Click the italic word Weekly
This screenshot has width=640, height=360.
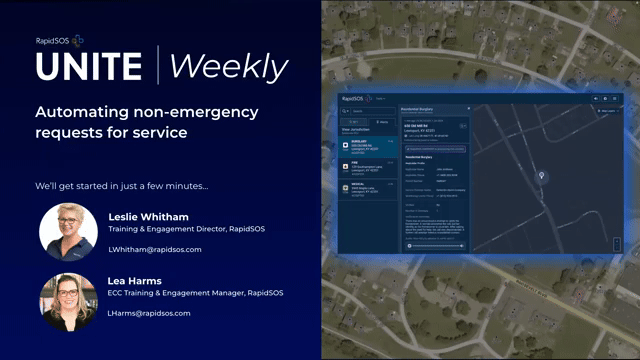pyautogui.click(x=228, y=66)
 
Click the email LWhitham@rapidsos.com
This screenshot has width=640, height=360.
pyautogui.click(x=155, y=249)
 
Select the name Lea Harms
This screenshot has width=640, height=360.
pyautogui.click(x=136, y=279)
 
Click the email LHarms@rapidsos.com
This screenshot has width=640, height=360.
pyautogui.click(x=149, y=313)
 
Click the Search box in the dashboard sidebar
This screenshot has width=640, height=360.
pyautogui.click(x=370, y=110)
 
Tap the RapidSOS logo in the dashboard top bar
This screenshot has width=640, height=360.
pyautogui.click(x=354, y=98)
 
